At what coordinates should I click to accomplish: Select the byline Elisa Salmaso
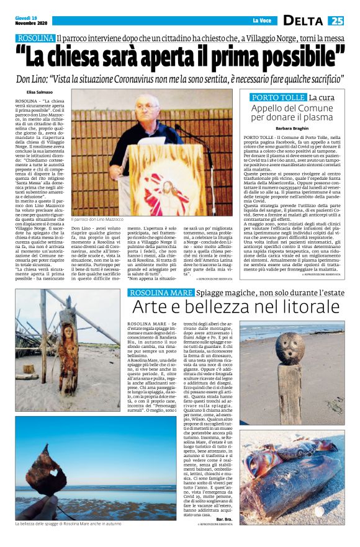tap(39, 93)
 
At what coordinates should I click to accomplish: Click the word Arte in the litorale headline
tap(151, 307)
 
